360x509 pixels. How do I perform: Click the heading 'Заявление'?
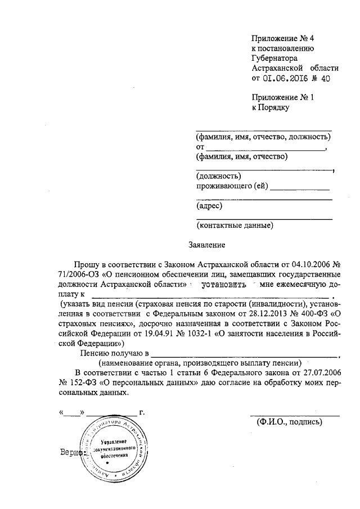tap(206, 245)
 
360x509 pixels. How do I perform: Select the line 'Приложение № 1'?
tap(279, 97)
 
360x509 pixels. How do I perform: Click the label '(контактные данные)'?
tap(235, 226)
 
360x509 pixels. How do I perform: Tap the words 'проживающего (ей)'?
tap(231, 186)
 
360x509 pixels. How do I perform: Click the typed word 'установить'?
tap(224, 284)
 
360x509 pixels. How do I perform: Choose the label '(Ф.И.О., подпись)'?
tap(289, 422)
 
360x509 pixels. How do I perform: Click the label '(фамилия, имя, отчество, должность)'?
tap(262, 137)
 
